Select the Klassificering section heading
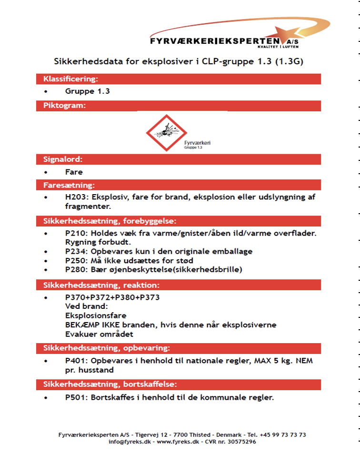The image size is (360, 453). coord(71,79)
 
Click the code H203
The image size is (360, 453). coord(75,197)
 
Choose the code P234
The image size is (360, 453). coord(75,251)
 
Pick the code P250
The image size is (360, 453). coord(75,260)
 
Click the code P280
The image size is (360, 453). coord(75,270)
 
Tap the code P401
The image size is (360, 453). coord(75,361)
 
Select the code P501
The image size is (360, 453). coord(75,397)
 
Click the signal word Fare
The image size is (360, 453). coord(74,172)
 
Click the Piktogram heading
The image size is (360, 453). coord(64,106)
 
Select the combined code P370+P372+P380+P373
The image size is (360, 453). coord(112,297)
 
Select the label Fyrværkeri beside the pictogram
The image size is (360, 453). coord(197,143)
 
